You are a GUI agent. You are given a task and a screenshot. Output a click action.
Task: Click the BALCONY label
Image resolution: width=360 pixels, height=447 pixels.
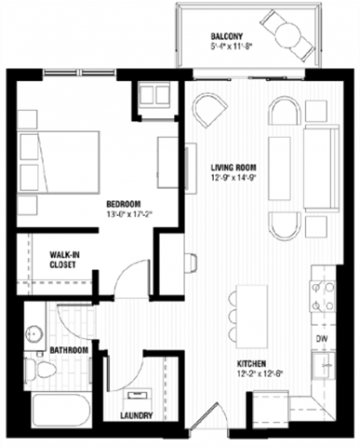point(226,37)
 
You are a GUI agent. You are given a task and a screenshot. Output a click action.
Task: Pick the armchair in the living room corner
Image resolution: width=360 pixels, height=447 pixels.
point(207,115)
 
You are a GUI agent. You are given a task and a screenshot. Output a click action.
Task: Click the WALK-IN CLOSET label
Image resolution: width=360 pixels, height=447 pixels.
point(63,258)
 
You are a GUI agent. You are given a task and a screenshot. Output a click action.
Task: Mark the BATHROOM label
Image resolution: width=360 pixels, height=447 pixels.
point(70,350)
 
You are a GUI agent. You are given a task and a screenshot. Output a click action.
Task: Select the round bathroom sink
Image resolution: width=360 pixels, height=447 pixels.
point(37,334)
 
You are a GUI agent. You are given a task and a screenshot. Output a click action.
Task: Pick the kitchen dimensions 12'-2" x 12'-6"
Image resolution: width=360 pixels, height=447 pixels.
point(254,375)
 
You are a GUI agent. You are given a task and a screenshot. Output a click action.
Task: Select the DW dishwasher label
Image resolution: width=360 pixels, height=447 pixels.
point(321,338)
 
